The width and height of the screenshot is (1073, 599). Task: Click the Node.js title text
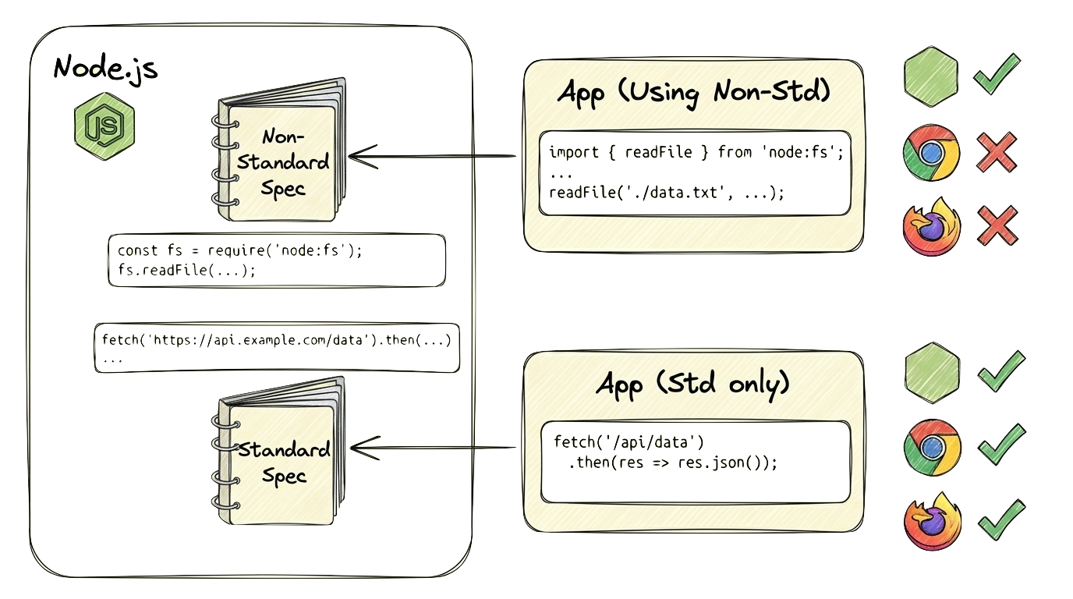(x=105, y=69)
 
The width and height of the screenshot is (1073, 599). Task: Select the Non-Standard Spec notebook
(x=282, y=152)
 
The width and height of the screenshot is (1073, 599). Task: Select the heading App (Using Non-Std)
(x=693, y=93)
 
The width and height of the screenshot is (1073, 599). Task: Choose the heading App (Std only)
(x=693, y=384)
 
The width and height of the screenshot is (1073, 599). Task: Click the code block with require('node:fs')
(x=278, y=261)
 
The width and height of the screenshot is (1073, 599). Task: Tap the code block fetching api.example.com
(x=276, y=347)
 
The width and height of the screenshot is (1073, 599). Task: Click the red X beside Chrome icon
(x=997, y=151)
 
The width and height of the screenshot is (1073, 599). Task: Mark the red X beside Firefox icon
(x=997, y=226)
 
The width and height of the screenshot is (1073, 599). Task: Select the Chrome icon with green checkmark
(x=931, y=446)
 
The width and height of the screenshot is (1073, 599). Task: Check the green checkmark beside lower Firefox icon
(x=1000, y=518)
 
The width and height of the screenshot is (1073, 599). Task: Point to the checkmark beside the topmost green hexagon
(x=997, y=73)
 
